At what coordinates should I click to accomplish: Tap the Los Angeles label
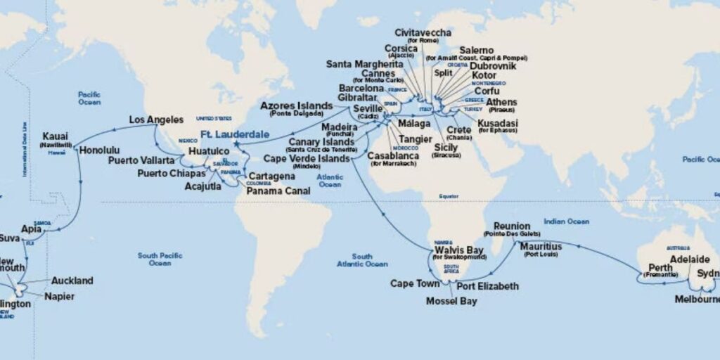[156, 120]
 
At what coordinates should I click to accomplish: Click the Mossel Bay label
[451, 301]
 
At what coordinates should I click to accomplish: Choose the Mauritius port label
[541, 247]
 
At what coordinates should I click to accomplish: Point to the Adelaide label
[691, 258]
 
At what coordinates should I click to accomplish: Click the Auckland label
[72, 281]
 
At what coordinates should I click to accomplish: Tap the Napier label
[58, 297]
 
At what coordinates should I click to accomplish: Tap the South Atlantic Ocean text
[362, 260]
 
